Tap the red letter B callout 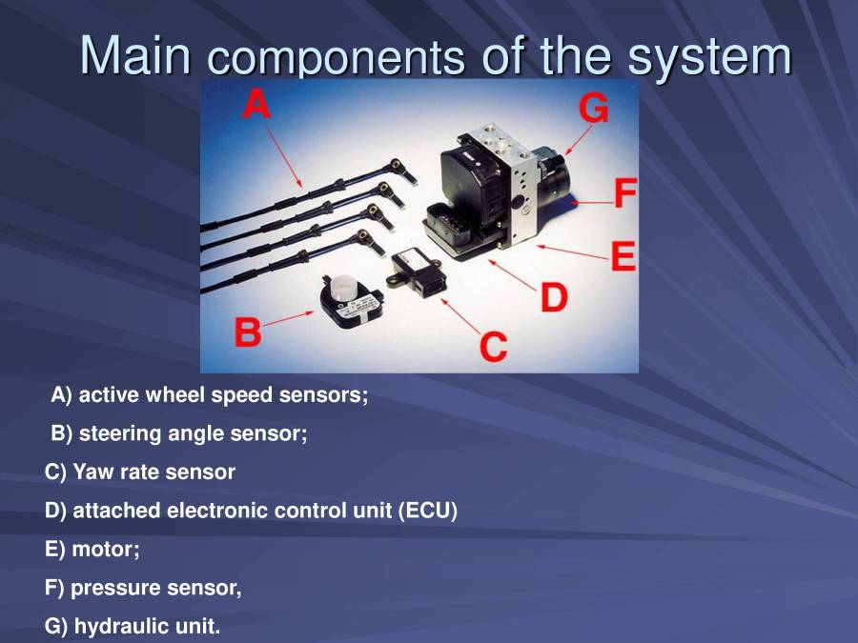[248, 332]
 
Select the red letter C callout [493, 345]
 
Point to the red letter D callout [554, 297]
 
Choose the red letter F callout [623, 195]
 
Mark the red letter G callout [594, 110]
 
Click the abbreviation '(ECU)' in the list [427, 511]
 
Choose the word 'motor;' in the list [99, 550]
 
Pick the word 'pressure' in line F [107, 588]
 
